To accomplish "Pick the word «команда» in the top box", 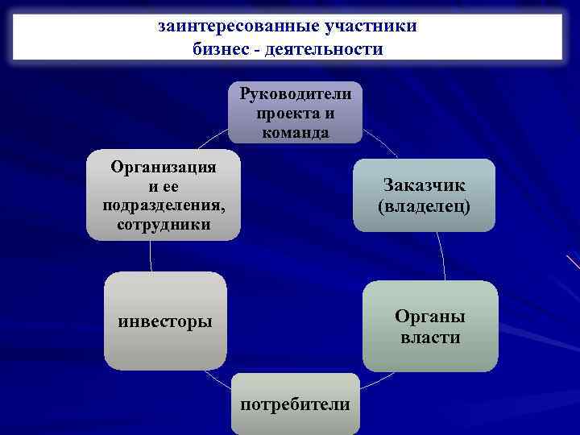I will tap(296, 133).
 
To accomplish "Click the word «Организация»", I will tap(164, 168).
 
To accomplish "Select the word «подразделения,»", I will tap(164, 205).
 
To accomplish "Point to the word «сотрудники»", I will tap(164, 224).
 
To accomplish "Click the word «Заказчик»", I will tap(425, 185).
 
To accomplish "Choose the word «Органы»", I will tap(430, 317).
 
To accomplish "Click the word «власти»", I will tap(430, 338).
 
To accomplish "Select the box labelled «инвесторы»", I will tap(165, 321).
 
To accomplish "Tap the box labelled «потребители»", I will tap(296, 404).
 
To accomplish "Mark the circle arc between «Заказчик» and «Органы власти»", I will tap(441, 256).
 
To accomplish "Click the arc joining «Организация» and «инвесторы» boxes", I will tap(151, 256).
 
